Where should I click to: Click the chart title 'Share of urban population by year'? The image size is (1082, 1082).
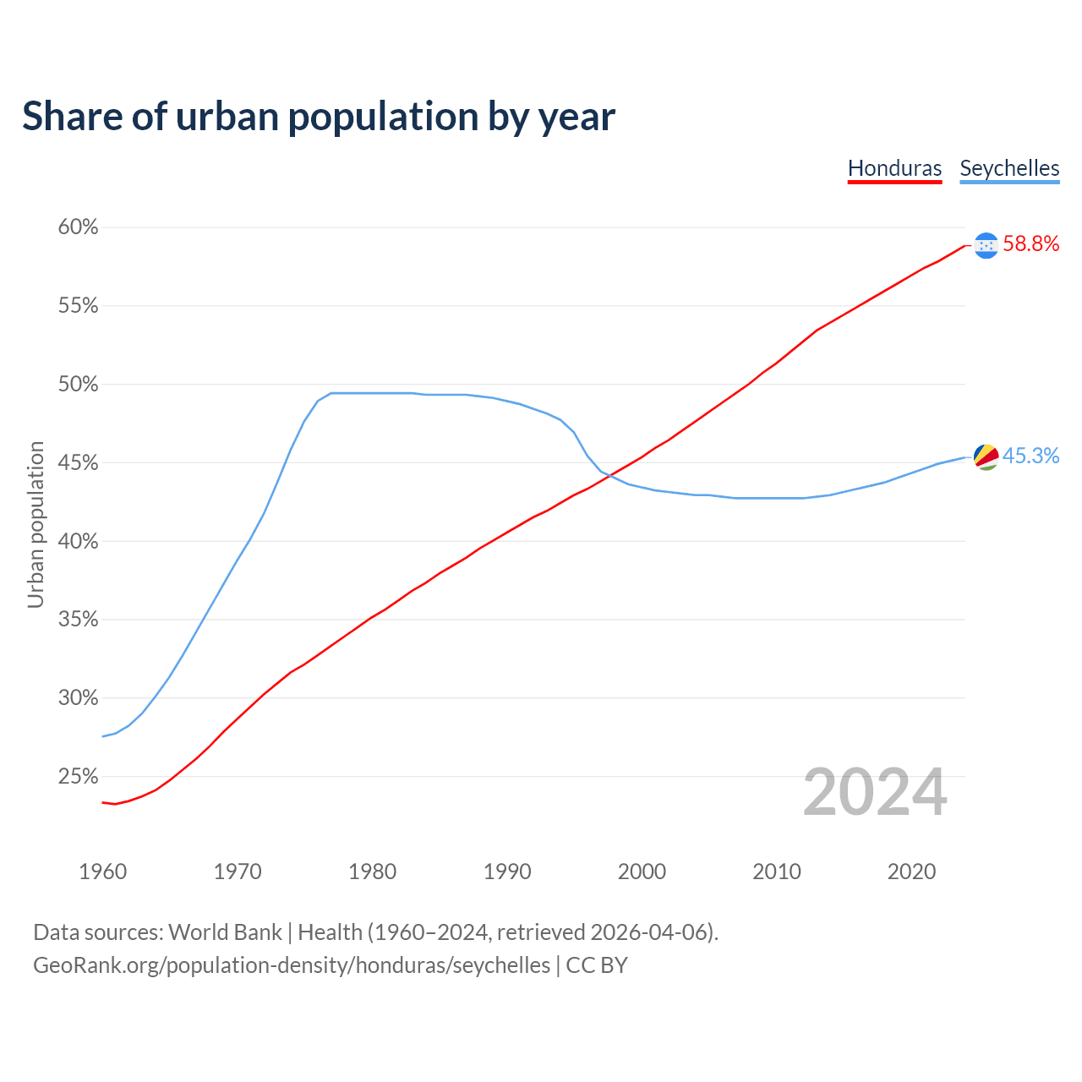pyautogui.click(x=319, y=117)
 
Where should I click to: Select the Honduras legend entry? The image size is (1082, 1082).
pyautogui.click(x=894, y=168)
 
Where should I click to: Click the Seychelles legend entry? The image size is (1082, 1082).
pyautogui.click(x=1009, y=168)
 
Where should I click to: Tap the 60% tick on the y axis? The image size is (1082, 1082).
pyautogui.click(x=78, y=227)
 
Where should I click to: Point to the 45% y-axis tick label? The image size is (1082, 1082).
pyautogui.click(x=78, y=463)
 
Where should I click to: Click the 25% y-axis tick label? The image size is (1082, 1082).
pyautogui.click(x=78, y=777)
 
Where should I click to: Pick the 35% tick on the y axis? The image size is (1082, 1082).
pyautogui.click(x=78, y=620)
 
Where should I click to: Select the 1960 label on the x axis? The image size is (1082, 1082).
pyautogui.click(x=103, y=872)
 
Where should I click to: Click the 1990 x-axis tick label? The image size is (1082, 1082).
pyautogui.click(x=507, y=872)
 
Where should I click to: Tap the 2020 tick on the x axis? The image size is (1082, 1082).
pyautogui.click(x=911, y=872)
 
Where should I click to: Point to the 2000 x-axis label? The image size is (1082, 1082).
pyautogui.click(x=642, y=872)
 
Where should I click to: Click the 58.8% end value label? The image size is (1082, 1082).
pyautogui.click(x=1030, y=244)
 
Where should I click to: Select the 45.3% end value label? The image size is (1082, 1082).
pyautogui.click(x=1030, y=456)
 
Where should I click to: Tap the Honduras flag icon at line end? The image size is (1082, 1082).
pyautogui.click(x=986, y=245)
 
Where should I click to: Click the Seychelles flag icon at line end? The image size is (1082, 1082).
pyautogui.click(x=986, y=457)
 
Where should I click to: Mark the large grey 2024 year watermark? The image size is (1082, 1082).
pyautogui.click(x=875, y=793)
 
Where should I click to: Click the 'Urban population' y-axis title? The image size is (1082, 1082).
pyautogui.click(x=36, y=524)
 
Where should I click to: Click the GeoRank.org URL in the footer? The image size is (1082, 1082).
pyautogui.click(x=292, y=965)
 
